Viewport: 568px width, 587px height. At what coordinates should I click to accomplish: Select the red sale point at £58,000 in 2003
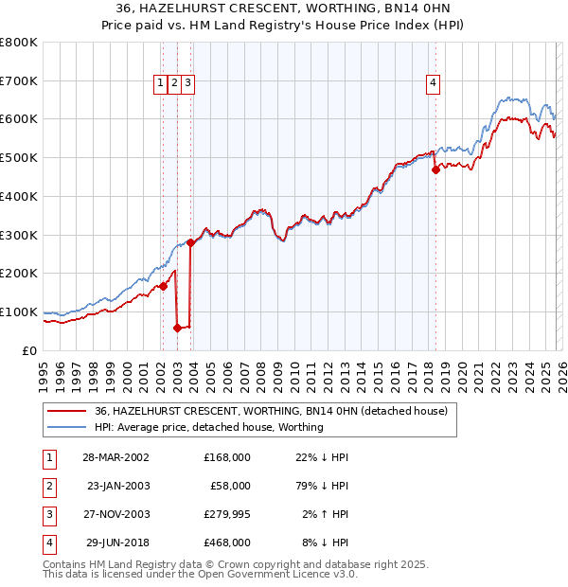coord(177,328)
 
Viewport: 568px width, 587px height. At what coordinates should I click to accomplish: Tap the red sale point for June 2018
coord(435,170)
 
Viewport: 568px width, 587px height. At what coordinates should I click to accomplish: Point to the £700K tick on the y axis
coord(21,81)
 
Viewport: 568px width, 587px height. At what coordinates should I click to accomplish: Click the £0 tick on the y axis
coord(30,350)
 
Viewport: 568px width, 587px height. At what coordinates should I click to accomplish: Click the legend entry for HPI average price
coord(208,427)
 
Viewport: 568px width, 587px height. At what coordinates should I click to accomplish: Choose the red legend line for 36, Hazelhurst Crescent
coord(64,411)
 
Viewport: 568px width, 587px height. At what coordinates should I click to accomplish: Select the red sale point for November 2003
coord(191,242)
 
